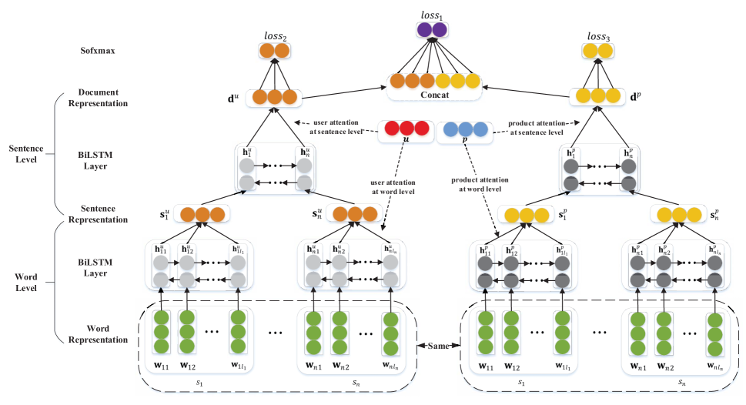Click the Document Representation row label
click(x=97, y=97)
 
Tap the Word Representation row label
click(x=97, y=333)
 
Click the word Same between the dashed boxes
click(x=440, y=345)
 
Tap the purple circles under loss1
click(x=431, y=30)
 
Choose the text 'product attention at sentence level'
click(x=531, y=128)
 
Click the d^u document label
click(x=232, y=98)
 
